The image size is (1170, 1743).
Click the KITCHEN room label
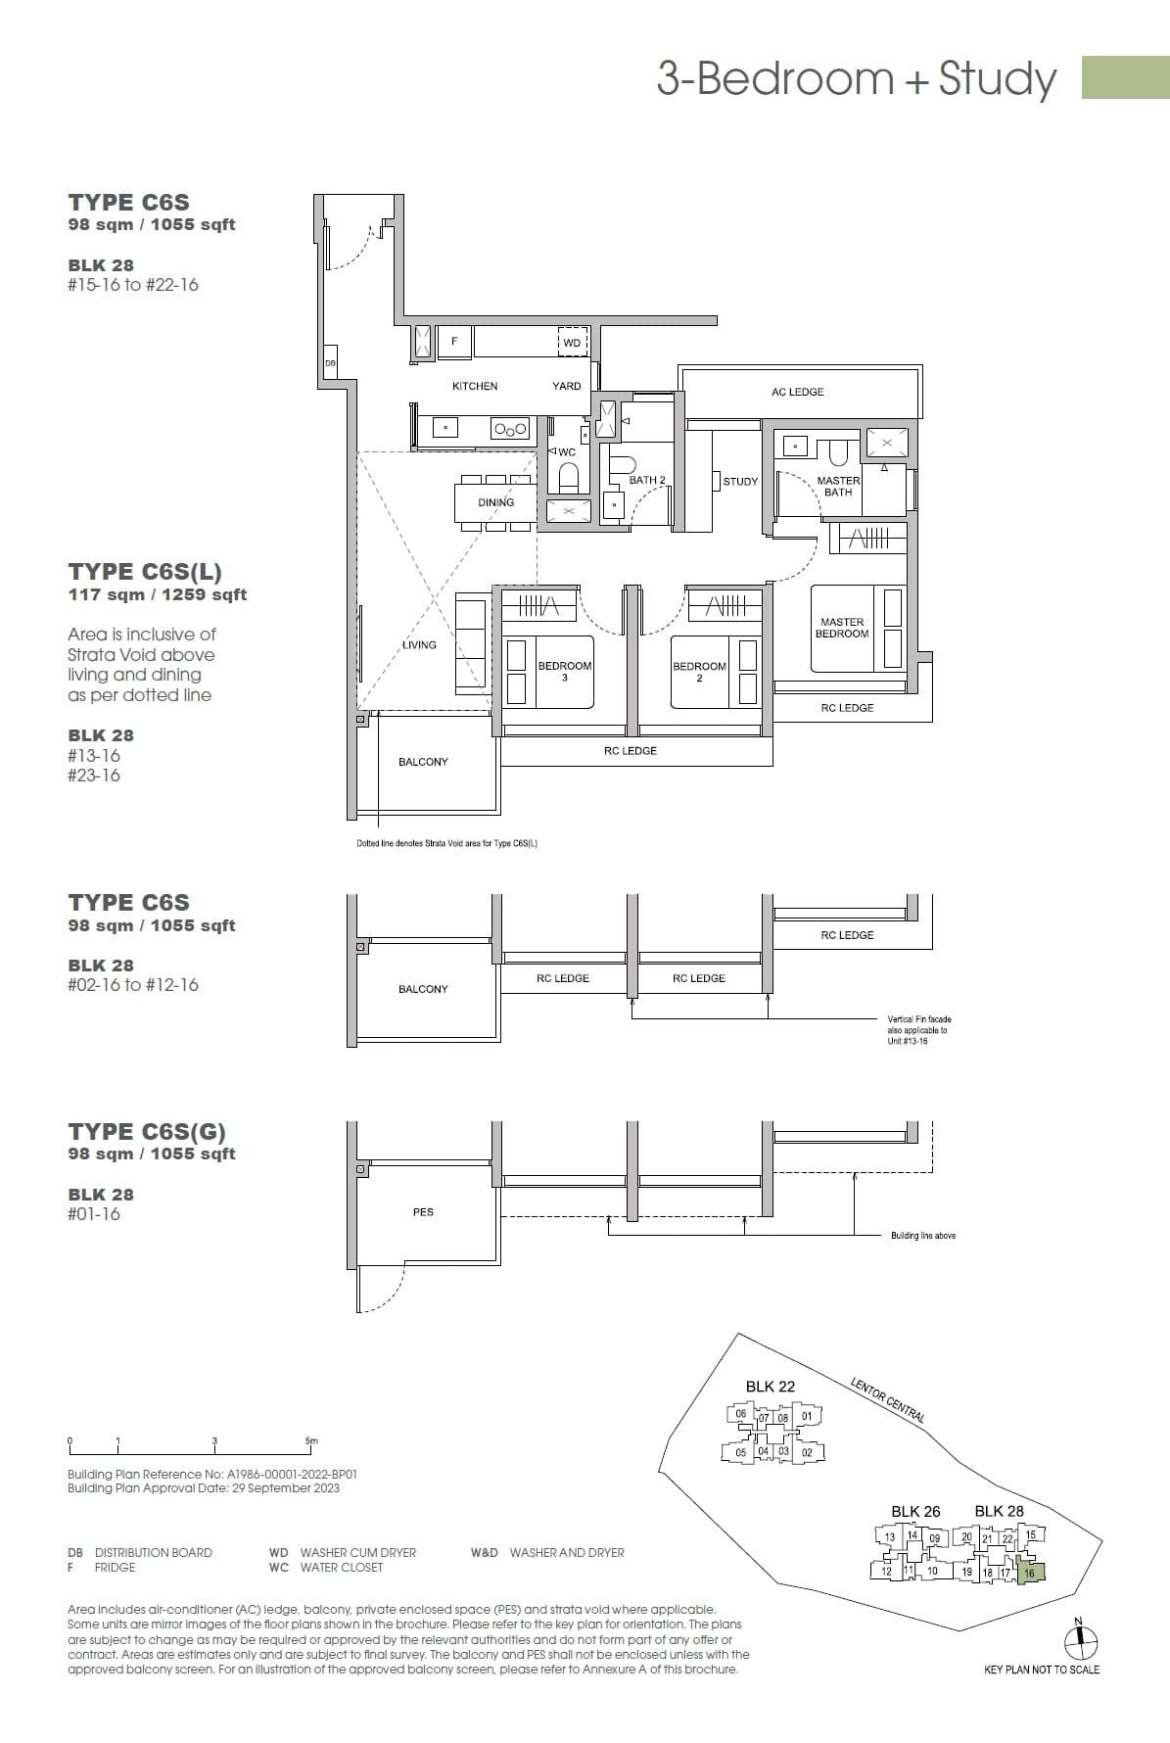[475, 386]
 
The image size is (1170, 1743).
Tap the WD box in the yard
[572, 342]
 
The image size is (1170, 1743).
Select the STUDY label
[740, 482]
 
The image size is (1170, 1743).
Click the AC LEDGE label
[797, 392]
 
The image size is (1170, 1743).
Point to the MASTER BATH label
[838, 487]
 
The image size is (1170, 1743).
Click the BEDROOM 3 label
[565, 671]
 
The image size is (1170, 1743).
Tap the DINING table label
[495, 502]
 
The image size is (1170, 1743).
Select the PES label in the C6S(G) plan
[423, 1212]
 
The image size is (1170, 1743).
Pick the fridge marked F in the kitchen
[454, 342]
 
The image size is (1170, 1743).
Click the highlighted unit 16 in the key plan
[1030, 1574]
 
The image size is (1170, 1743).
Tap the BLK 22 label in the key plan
[771, 1387]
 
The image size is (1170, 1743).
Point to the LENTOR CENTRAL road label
[887, 1399]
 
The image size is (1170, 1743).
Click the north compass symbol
[1080, 1642]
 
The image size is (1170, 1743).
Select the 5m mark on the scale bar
[311, 1441]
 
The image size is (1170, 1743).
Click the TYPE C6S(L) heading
[145, 571]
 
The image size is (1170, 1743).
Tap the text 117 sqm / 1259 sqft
[158, 594]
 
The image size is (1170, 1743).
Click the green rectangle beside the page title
[1125, 77]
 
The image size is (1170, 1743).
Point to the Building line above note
[922, 1236]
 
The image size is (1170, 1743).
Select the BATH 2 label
[647, 480]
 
